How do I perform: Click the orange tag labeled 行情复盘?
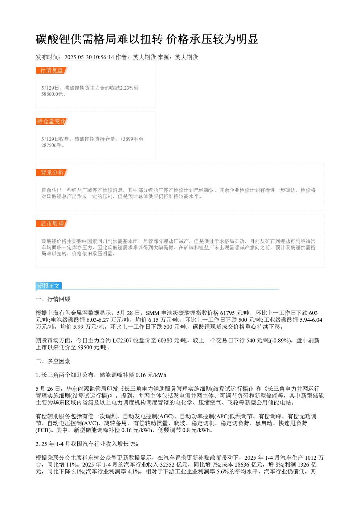point(52,70)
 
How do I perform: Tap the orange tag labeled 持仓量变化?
point(52,121)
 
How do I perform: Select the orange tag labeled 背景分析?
point(52,172)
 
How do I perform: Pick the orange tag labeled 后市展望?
point(52,223)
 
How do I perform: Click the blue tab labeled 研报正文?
point(49,286)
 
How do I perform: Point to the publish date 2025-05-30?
point(78,57)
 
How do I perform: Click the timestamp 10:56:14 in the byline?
point(104,57)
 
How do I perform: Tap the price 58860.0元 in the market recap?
point(52,94)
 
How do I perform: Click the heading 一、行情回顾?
point(53,299)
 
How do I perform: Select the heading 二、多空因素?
point(53,361)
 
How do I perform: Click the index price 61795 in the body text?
point(228,313)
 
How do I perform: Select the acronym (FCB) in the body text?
point(43,430)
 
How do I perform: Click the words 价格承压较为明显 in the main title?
point(212,39)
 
